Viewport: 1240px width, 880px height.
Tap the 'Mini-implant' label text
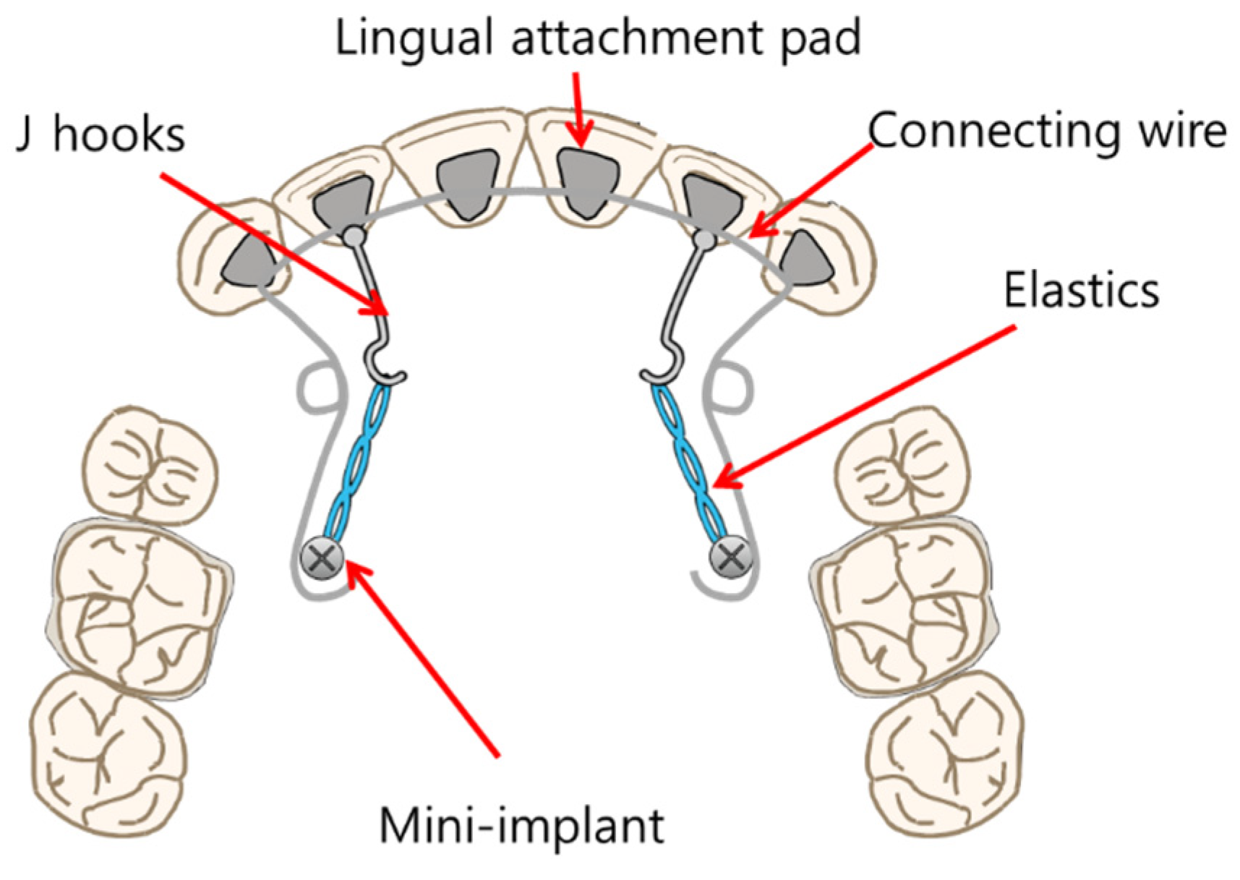(521, 826)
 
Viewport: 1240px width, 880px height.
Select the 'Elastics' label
(1081, 291)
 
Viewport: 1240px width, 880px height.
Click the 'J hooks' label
(101, 134)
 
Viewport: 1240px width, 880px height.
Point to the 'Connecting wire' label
(1047, 132)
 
